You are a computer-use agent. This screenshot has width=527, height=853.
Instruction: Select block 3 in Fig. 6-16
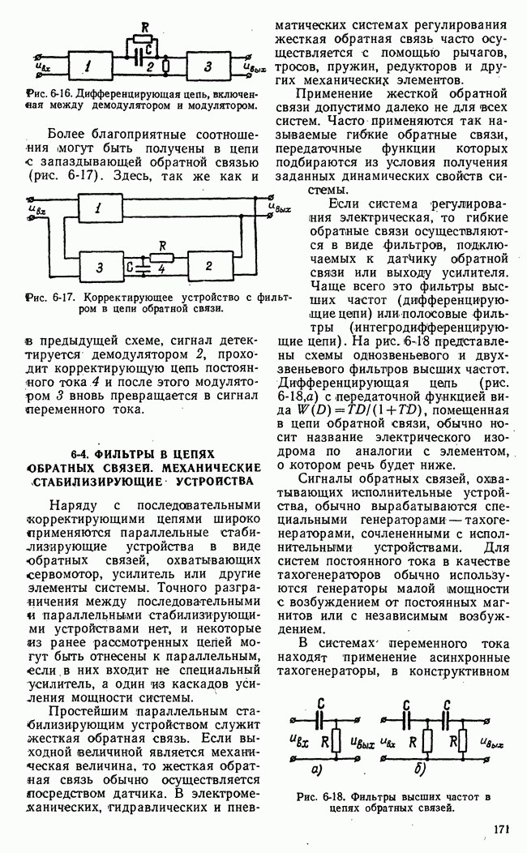pos(208,65)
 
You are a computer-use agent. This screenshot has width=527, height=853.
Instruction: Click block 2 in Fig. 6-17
pos(209,265)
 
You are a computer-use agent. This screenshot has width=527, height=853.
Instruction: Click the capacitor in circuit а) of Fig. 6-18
pos(322,718)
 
